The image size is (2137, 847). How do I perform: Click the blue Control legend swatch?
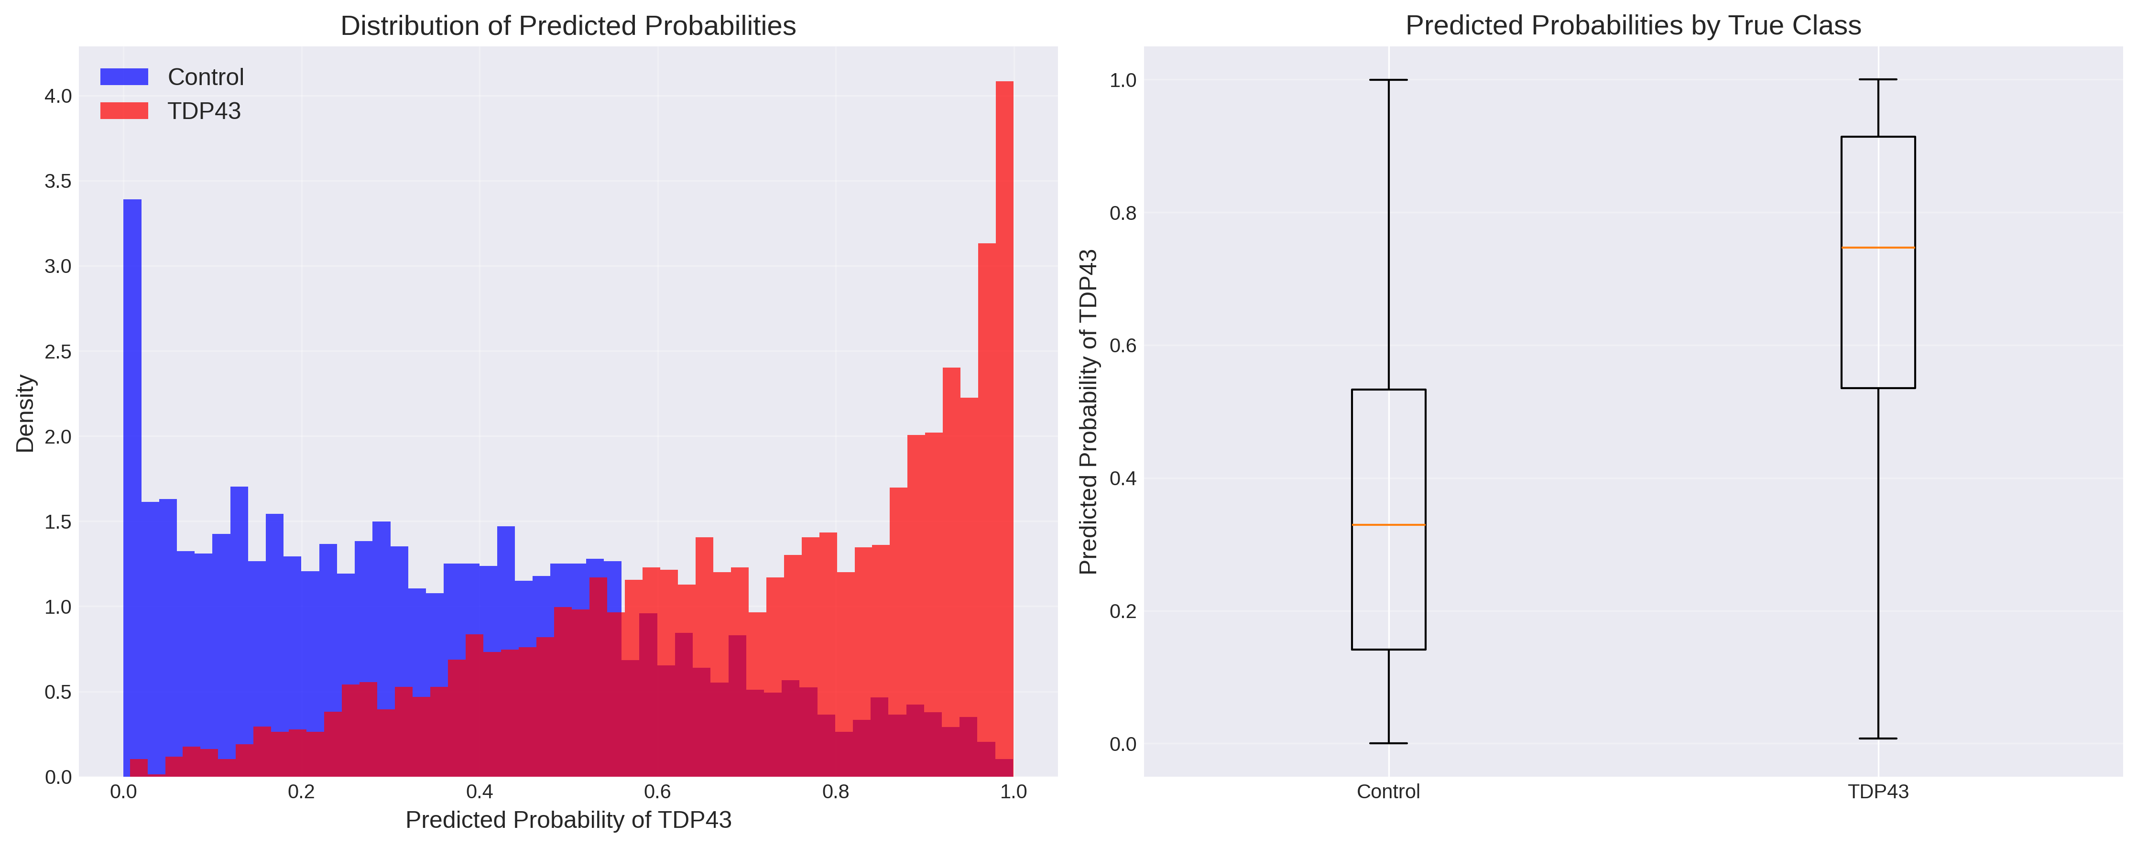[124, 77]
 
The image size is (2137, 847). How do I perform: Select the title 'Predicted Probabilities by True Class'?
[1633, 26]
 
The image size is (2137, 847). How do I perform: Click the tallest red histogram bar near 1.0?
[1004, 415]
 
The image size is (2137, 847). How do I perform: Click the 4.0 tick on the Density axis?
[58, 96]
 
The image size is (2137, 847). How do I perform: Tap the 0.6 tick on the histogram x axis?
[658, 792]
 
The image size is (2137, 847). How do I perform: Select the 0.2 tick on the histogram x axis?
[301, 792]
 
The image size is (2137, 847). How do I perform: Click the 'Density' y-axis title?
[26, 413]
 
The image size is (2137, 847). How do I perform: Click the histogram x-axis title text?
[568, 820]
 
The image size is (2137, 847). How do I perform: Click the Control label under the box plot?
[1388, 792]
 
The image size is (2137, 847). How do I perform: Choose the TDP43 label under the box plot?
[1877, 792]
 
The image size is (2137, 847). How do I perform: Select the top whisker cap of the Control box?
[1388, 80]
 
